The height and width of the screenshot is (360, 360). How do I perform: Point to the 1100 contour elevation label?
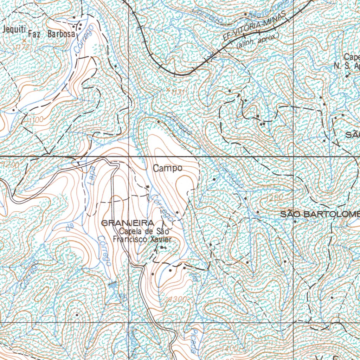coord(36,120)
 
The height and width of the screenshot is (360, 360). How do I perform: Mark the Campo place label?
coord(168,168)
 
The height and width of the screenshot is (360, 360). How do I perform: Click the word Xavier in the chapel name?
coord(161,240)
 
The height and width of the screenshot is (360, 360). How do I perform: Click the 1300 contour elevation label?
coord(177,300)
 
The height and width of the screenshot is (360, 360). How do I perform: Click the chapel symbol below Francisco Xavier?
coord(162,248)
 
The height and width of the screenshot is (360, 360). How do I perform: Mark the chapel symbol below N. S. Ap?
coord(348,75)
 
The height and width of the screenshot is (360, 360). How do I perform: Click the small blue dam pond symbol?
coord(112,284)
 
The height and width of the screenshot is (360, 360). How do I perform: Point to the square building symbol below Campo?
coord(148,186)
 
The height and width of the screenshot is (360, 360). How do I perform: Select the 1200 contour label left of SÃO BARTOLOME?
coord(274,198)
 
